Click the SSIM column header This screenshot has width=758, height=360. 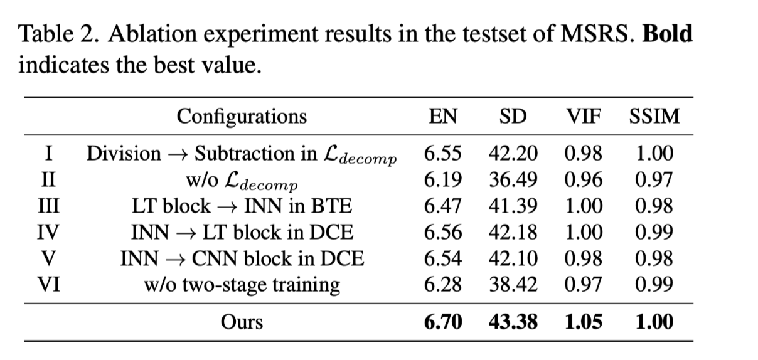pos(654,117)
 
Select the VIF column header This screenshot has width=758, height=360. pos(584,117)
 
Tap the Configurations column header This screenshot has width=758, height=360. pos(242,117)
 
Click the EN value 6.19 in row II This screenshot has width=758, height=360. pos(443,180)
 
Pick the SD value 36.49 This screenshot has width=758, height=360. pos(513,180)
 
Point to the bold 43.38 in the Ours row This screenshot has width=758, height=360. pos(513,322)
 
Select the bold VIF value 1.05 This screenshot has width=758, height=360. pos(584,322)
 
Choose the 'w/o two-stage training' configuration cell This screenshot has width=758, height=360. pos(242,285)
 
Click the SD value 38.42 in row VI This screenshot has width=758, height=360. pos(513,285)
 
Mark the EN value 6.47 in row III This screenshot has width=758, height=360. pos(443,206)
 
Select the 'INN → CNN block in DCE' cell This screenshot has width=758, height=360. pos(242,258)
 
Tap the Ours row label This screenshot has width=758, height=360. pos(242,322)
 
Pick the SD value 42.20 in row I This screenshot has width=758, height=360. pos(513,154)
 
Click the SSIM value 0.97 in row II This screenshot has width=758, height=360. pos(654,180)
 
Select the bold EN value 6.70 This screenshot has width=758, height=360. pos(443,322)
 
